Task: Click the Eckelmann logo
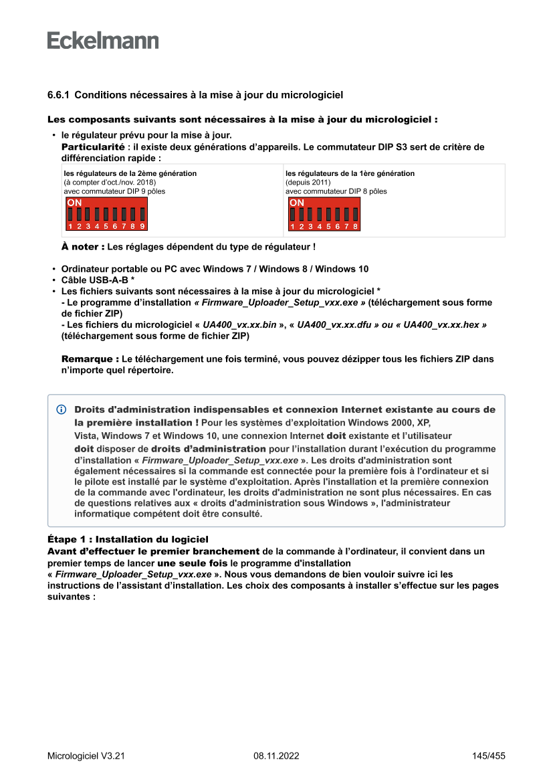(x=103, y=40)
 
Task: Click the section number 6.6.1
(x=58, y=96)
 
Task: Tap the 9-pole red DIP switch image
(x=106, y=214)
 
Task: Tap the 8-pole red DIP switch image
(x=324, y=214)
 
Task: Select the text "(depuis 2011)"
(x=308, y=182)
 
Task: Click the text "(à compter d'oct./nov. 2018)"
(x=110, y=182)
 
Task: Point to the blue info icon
(x=62, y=409)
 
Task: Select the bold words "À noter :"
(x=83, y=246)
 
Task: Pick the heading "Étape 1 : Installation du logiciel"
(x=128, y=539)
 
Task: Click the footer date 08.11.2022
(x=276, y=756)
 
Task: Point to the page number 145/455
(x=488, y=756)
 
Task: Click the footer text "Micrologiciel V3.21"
(x=86, y=756)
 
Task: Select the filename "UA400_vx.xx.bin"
(x=239, y=324)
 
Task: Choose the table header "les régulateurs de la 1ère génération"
(x=350, y=173)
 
